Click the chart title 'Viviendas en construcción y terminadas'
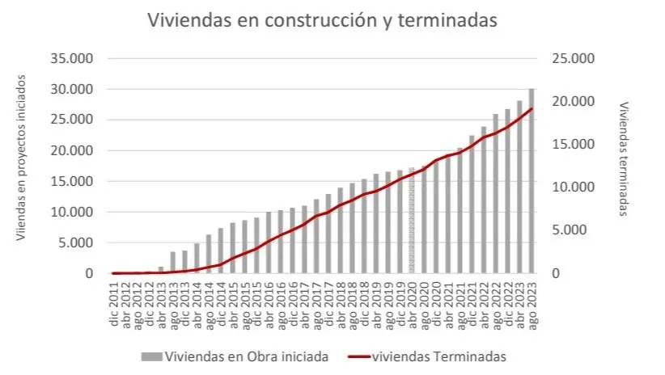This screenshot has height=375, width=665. (x=321, y=22)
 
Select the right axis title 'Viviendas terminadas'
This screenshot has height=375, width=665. (x=624, y=158)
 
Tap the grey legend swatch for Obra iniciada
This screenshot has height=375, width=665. (x=151, y=356)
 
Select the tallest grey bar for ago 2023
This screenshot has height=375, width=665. (x=532, y=181)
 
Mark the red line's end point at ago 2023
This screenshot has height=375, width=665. (x=532, y=108)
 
